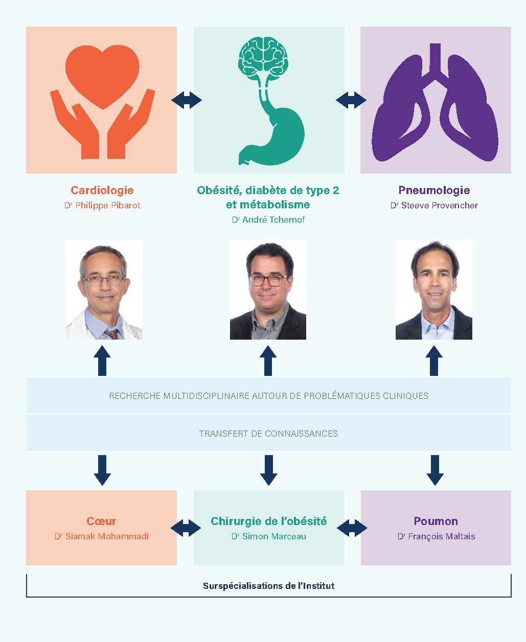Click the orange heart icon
102,76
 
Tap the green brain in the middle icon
262,57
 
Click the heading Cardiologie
102,191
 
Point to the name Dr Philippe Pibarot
102,205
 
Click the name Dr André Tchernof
268,220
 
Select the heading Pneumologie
434,191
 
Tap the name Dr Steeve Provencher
434,205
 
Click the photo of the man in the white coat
104,290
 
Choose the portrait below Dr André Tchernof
268,290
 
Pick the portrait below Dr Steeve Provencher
433,290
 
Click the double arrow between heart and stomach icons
186,100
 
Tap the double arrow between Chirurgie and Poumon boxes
352,528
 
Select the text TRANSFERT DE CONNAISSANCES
268,434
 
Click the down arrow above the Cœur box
102,470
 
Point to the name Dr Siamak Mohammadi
102,536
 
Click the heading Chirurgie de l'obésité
268,521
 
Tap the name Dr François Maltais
436,536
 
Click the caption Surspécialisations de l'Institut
268,586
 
